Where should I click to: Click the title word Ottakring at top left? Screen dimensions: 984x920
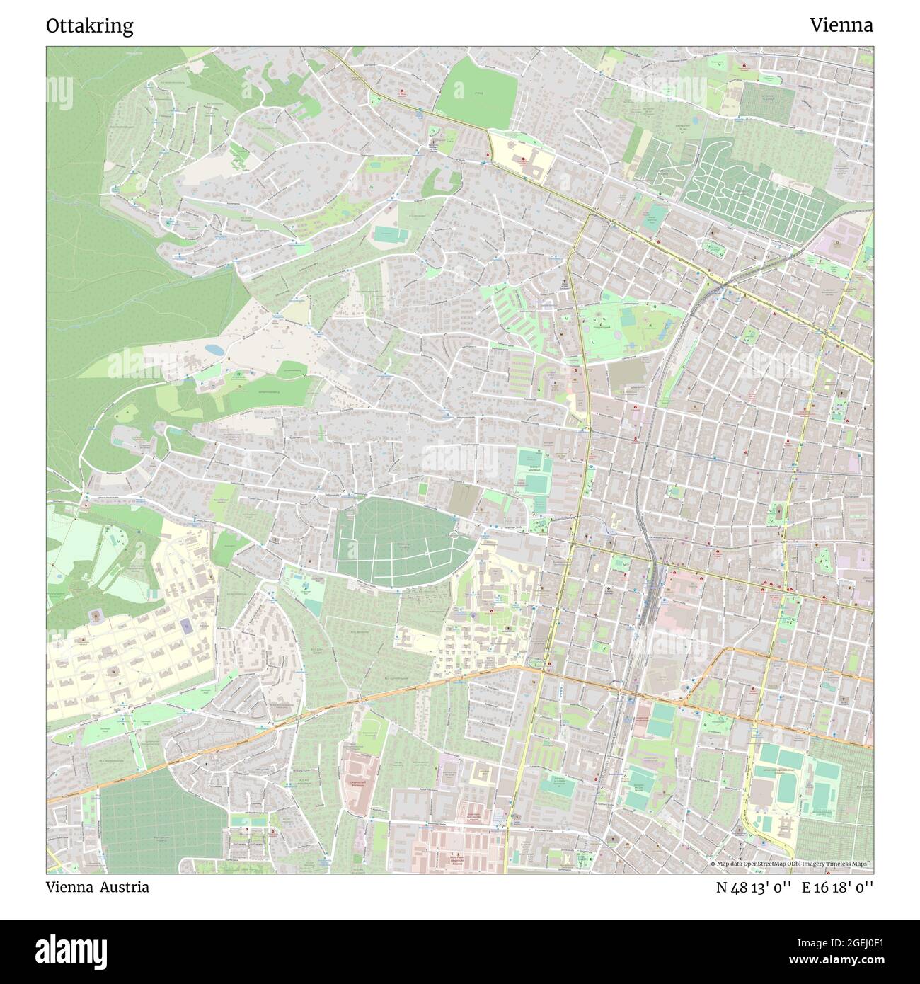pos(89,26)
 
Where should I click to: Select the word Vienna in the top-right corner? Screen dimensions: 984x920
pos(841,25)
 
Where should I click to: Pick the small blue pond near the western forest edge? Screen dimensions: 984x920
pos(212,349)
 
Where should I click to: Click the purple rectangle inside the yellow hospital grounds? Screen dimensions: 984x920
pos(185,626)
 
